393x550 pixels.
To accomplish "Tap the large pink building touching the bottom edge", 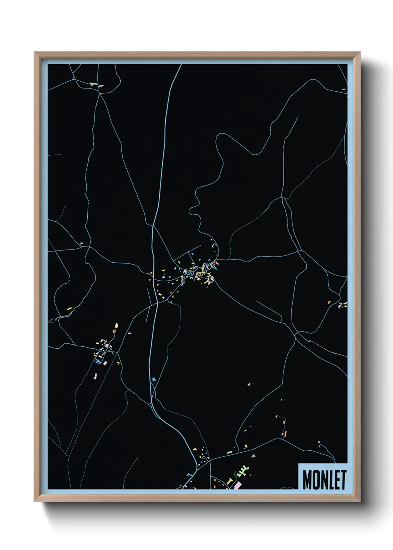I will tap(237, 485).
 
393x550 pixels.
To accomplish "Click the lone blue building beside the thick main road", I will tap(153, 379).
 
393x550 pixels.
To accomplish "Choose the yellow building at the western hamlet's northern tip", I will tap(116, 326).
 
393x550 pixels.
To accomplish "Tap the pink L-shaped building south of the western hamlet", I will tap(95, 376).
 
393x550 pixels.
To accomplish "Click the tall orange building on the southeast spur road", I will tap(286, 433).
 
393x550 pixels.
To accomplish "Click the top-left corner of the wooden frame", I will tap(35, 52).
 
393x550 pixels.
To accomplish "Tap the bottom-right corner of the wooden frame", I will tap(360, 501).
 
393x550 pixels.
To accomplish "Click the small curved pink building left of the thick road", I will tap(130, 333).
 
